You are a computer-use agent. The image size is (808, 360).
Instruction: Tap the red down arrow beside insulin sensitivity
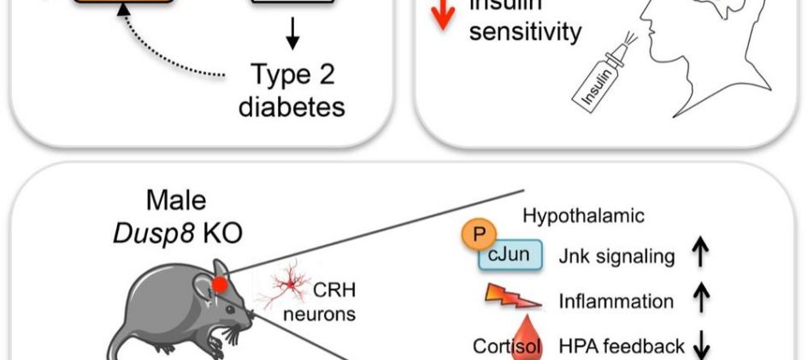tap(441, 15)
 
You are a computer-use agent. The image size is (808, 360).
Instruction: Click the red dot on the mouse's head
tap(221, 284)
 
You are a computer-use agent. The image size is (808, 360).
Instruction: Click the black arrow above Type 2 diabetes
tap(292, 32)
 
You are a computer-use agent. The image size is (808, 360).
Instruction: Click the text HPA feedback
tap(622, 345)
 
